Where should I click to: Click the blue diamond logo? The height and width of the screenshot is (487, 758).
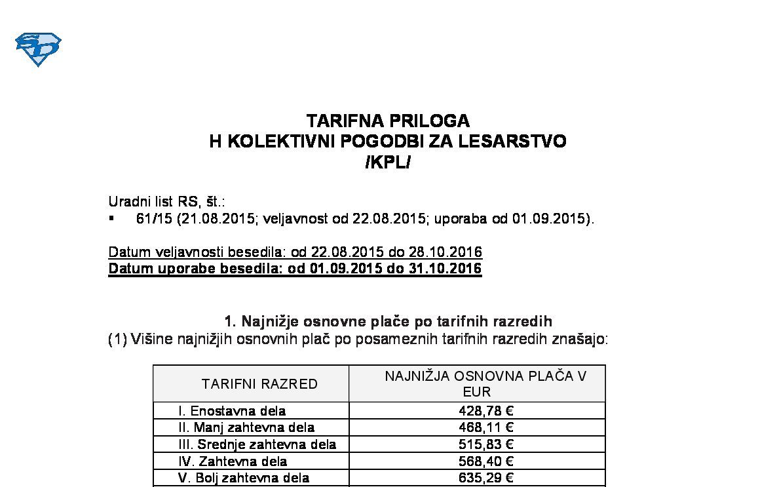[x=38, y=49]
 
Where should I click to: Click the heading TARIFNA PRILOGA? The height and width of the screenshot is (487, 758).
[x=388, y=121]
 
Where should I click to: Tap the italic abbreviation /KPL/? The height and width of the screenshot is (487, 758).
[x=388, y=162]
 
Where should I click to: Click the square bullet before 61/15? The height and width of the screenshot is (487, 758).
[x=111, y=218]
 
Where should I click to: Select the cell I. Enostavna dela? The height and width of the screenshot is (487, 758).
[x=232, y=411]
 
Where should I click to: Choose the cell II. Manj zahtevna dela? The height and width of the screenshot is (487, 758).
[x=246, y=427]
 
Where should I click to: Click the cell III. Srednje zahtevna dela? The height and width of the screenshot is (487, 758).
[x=257, y=444]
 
